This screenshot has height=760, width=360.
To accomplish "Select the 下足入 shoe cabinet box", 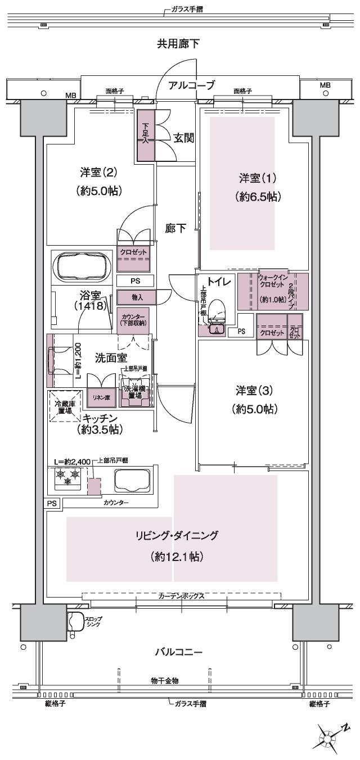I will pos(145,135).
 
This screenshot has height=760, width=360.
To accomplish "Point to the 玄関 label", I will pos(183,138).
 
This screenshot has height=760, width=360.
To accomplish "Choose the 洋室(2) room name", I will pos(99,172).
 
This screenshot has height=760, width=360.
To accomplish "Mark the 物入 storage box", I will pos(133,296).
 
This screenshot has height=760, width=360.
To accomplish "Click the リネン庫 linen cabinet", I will pos(101,397).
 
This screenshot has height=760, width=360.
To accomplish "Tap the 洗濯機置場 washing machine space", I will pos(134,392).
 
